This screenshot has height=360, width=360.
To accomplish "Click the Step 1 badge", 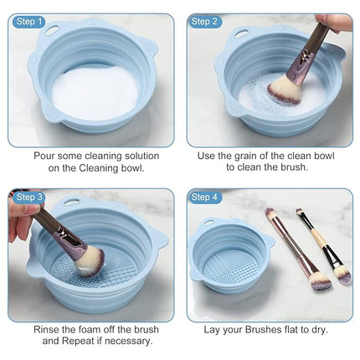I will tap(28, 21).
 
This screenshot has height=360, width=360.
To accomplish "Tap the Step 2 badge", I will tap(205, 21).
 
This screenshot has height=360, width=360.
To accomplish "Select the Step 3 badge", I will tap(28, 197).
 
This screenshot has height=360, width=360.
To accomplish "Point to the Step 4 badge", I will tap(205, 197).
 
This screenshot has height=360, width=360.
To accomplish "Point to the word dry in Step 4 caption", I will tap(317, 329).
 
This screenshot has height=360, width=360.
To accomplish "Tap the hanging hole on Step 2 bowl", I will tap(241, 34).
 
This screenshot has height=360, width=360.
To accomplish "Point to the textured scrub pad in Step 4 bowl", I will tap(228, 262).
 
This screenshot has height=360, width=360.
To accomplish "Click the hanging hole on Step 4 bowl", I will tap(207, 224).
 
